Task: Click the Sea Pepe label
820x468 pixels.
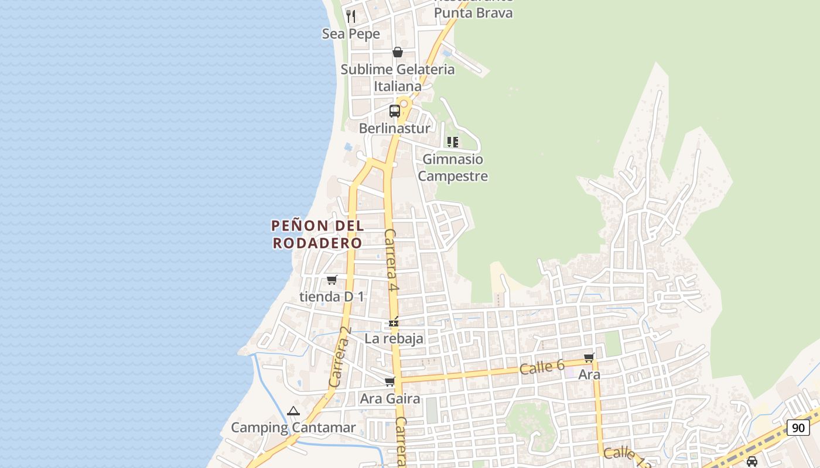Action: [351, 34]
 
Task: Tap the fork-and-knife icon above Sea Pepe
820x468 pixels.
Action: [351, 16]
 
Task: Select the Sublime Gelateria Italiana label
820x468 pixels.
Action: [398, 77]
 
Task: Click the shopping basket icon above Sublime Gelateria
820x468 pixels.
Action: [398, 53]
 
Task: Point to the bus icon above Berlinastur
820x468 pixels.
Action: [395, 111]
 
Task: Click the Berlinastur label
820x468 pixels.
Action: [394, 128]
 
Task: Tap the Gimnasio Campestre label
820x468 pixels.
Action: [453, 167]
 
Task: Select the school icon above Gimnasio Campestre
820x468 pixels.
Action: [452, 142]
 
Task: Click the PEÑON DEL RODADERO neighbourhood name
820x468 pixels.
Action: [318, 234]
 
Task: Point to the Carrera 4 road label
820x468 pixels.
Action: [391, 260]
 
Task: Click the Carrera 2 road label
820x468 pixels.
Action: [340, 356]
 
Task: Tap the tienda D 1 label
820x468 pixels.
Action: [332, 297]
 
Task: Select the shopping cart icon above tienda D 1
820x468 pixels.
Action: [332, 280]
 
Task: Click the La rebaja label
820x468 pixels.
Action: [394, 339]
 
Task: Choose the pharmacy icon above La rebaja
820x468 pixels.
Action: [394, 322]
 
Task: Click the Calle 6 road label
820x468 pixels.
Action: [542, 367]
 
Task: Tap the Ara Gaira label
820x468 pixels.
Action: [390, 399]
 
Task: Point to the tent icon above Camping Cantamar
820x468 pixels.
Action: [293, 411]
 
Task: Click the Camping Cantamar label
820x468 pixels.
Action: [293, 428]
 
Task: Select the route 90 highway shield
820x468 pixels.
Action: [798, 428]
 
